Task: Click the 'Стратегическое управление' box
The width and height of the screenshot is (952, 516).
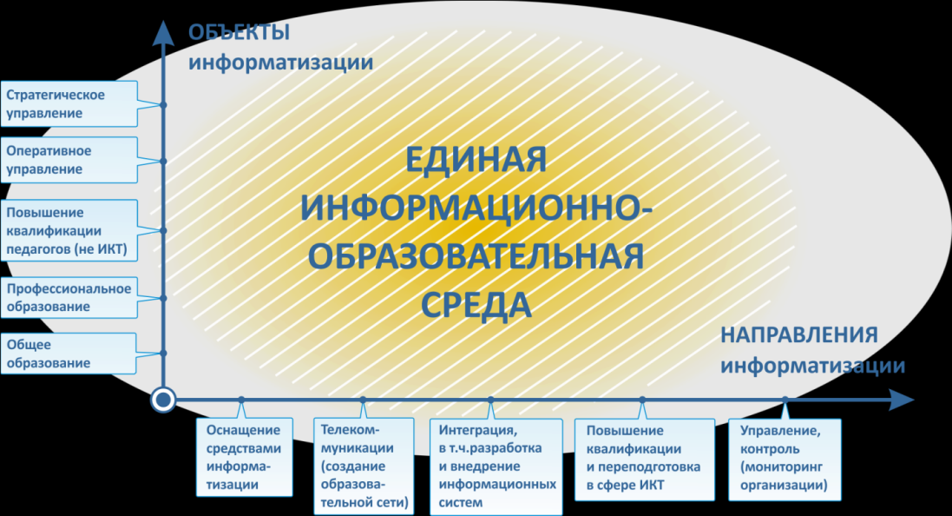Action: pyautogui.click(x=69, y=104)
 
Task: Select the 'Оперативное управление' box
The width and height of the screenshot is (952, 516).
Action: pyautogui.click(x=69, y=160)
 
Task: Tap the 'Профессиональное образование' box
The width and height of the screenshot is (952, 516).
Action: pyautogui.click(x=69, y=297)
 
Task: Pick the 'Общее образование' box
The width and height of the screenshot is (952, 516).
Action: pyautogui.click(x=69, y=353)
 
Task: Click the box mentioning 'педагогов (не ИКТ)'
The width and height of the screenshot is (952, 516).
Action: pyautogui.click(x=69, y=230)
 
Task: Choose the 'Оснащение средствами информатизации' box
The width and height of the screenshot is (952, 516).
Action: pyautogui.click(x=244, y=457)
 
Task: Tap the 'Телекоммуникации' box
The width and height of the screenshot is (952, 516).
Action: pyautogui.click(x=364, y=466)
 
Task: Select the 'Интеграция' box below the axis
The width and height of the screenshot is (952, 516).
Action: pyautogui.click(x=496, y=466)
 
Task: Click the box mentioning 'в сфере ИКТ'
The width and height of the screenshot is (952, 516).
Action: pyautogui.click(x=644, y=460)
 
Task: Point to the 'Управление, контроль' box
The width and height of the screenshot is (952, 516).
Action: pyautogui.click(x=785, y=460)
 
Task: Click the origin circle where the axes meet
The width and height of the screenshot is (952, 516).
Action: pyautogui.click(x=162, y=400)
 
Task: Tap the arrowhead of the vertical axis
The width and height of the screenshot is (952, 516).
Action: pyautogui.click(x=162, y=32)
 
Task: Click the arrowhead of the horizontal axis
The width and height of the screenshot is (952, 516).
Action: pyautogui.click(x=902, y=400)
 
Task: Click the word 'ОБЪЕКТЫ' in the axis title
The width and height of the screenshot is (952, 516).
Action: pyautogui.click(x=240, y=32)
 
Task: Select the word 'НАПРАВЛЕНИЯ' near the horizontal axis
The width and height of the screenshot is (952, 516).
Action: pyautogui.click(x=799, y=335)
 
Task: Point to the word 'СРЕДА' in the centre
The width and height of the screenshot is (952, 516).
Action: pyautogui.click(x=476, y=305)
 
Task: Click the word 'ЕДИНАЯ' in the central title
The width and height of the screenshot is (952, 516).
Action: pyautogui.click(x=476, y=160)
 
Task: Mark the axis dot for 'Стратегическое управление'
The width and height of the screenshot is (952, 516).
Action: pyautogui.click(x=163, y=104)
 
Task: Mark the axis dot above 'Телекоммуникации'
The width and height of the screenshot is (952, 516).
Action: pyautogui.click(x=363, y=400)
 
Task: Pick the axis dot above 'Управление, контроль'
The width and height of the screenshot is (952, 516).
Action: pyautogui.click(x=785, y=400)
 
